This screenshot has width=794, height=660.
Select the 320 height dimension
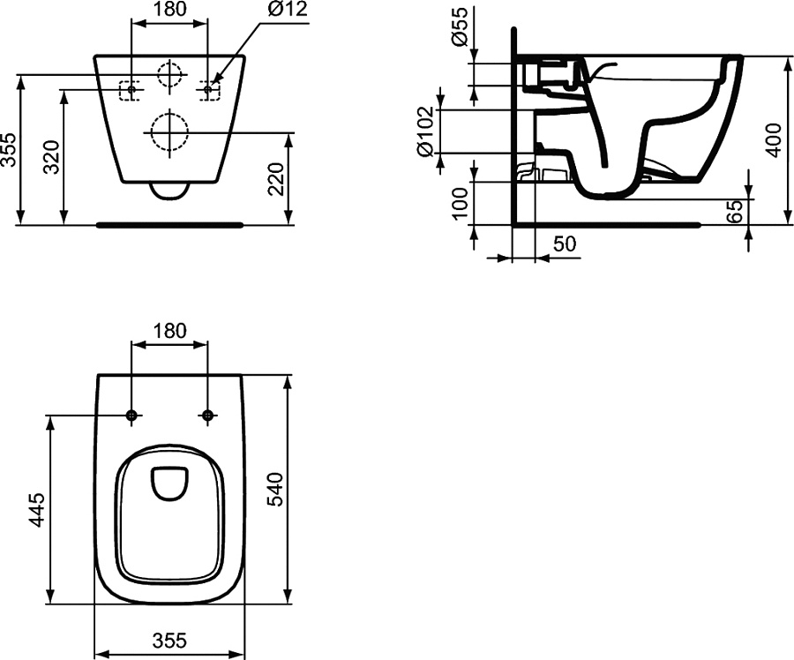coord(52,157)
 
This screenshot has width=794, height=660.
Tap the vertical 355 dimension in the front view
coord(10,151)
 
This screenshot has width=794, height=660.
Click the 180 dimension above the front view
coord(169,10)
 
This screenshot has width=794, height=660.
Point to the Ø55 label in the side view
coord(459,32)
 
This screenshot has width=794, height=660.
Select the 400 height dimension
coord(774,139)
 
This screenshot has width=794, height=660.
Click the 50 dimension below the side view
coord(565,244)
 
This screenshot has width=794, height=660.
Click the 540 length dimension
coord(275,490)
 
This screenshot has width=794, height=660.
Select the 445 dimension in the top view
coord(37,509)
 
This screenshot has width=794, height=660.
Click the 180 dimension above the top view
coord(169,331)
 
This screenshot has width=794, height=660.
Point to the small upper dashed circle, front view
coord(169,73)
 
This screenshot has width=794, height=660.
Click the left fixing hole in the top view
coord(131,415)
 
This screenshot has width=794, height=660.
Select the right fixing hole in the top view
coord(208,415)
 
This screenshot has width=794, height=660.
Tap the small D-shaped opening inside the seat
coord(169,481)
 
